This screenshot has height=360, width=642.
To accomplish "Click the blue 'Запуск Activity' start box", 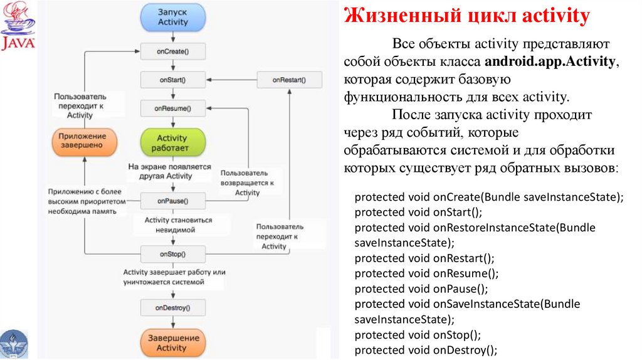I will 172,17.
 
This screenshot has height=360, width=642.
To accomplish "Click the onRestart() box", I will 289,80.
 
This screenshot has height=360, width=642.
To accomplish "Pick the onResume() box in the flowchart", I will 172,109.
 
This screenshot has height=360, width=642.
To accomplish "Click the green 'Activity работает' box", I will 172,143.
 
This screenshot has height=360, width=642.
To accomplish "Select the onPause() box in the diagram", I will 172,201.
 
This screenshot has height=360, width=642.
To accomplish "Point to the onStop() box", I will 172,254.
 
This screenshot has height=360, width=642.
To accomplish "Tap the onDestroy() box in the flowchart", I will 172,307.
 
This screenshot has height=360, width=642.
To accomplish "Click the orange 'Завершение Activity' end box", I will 172,342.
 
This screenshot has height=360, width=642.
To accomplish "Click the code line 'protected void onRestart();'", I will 424,258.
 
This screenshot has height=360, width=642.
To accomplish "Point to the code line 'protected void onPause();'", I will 421,289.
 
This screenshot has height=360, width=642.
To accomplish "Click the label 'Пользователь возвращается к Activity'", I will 248,182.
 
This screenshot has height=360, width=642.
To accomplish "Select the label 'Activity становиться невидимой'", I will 179,225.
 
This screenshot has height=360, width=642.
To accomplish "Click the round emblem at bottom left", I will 13,344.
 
